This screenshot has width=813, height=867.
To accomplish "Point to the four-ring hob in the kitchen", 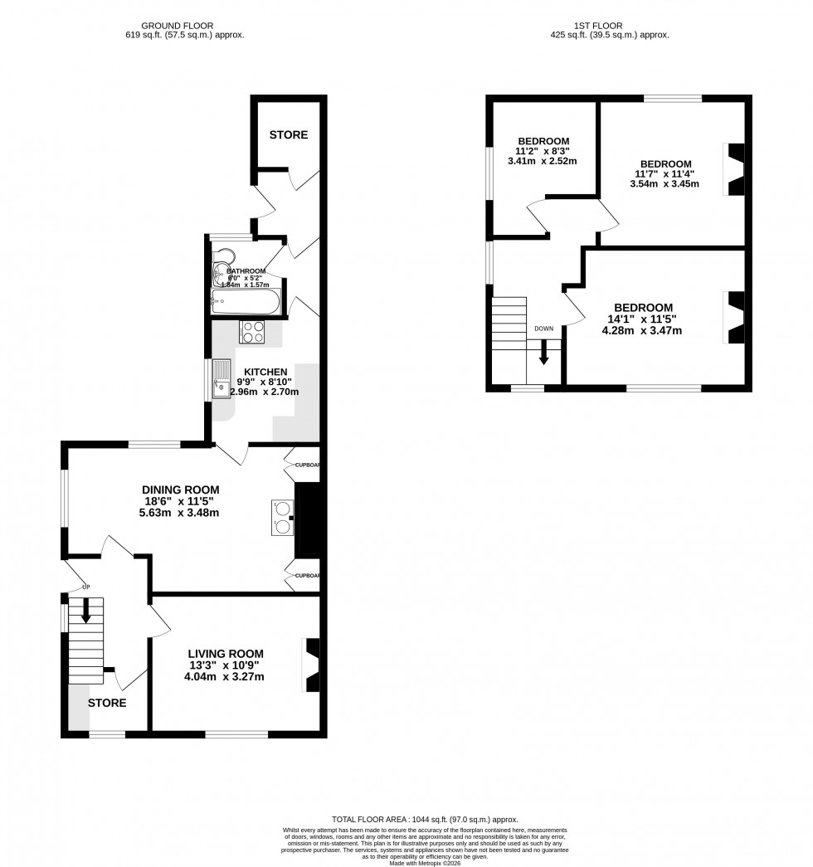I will pos(252,332).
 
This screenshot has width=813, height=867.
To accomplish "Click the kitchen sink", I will pos(222,379).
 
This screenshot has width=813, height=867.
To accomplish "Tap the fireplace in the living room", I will pos(312,665).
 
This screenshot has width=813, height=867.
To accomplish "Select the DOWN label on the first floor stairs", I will pos(543,329).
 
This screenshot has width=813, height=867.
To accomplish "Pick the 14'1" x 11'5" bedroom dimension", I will pos(643,319).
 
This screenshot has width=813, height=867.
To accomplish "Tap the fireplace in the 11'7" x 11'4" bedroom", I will pos(734,169).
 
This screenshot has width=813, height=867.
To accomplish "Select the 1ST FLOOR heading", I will pos(609,26).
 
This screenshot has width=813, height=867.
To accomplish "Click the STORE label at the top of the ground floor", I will pos(288,134).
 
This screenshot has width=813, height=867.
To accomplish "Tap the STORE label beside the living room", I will pos(107,703).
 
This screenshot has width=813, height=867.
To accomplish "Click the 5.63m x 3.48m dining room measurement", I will pos(180,512).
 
